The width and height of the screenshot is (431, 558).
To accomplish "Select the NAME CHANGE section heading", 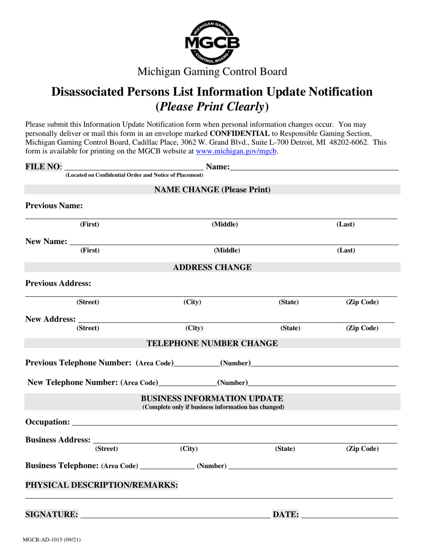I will click(212, 190).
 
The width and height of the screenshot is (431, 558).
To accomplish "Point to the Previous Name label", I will click(54, 206).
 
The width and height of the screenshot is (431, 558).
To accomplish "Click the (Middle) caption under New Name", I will click(227, 250).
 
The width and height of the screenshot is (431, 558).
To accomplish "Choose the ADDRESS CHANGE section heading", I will click(212, 267).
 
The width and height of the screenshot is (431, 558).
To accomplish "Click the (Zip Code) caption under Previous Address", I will click(362, 302).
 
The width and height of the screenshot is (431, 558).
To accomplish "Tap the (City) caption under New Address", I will click(194, 328).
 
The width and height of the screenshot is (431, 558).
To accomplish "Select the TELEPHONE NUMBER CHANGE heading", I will click(212, 343).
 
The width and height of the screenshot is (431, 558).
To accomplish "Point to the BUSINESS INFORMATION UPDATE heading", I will click(212, 398).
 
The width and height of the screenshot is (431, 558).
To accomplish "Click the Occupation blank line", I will click(234, 422).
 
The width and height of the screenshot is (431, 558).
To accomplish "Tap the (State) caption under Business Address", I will click(285, 449).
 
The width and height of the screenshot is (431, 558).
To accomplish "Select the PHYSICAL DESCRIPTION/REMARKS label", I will click(102, 485).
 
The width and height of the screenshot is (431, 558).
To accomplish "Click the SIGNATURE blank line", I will click(175, 515).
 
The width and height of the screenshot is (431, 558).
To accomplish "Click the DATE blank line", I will click(349, 515).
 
